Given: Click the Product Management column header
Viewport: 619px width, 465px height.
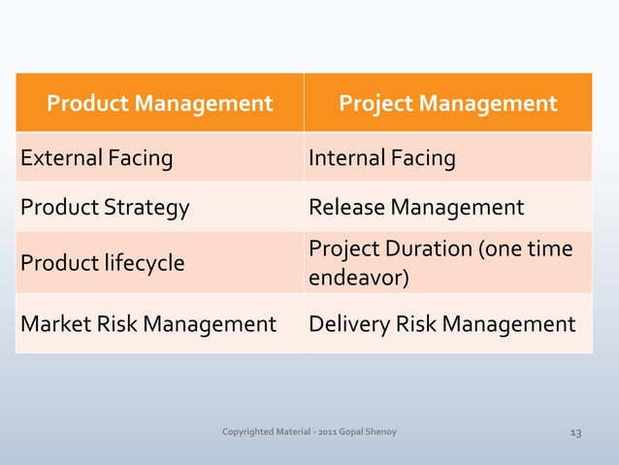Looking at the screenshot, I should (160, 103).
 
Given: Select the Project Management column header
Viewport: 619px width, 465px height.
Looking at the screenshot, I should (447, 103).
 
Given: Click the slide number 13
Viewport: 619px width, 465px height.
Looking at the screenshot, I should (575, 432).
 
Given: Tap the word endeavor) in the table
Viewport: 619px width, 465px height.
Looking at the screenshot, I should (358, 280).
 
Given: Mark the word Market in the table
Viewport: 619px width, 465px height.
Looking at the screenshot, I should (51, 324).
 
